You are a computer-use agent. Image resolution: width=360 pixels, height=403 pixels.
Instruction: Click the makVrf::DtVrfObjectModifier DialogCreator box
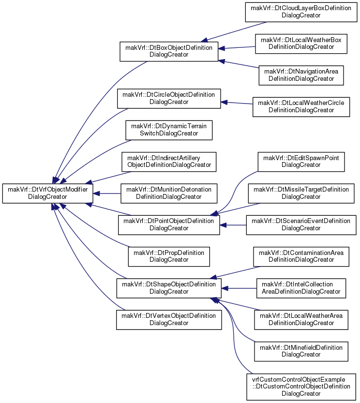47,194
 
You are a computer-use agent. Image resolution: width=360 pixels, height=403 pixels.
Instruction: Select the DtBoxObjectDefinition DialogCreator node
169,51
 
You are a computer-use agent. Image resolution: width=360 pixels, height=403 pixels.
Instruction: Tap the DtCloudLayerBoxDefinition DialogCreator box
301,12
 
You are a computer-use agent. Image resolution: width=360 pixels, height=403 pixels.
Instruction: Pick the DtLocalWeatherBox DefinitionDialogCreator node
301,44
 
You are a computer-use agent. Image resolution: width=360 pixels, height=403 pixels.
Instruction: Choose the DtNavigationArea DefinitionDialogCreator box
301,75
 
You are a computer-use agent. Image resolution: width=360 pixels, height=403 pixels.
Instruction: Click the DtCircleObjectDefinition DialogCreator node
169,99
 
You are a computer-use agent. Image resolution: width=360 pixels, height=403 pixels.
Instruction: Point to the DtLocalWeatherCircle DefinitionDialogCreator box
301,107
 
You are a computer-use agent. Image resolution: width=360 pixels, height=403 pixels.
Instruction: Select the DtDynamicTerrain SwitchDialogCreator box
169,130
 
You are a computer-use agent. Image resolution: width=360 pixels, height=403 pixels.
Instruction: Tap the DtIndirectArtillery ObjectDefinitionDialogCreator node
169,162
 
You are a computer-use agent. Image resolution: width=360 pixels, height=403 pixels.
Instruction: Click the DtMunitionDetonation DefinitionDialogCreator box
169,194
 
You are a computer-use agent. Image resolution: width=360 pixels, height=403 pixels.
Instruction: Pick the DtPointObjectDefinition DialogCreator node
169,225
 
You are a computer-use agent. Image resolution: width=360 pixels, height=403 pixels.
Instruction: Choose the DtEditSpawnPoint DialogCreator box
301,162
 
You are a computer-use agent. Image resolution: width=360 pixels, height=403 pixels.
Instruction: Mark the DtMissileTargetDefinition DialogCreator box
301,194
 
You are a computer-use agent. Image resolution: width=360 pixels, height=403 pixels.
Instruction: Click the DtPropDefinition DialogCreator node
169,256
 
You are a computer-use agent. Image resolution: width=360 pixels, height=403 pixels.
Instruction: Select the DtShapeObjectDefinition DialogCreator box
169,288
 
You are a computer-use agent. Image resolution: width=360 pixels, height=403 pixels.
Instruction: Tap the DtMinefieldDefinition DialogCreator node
301,351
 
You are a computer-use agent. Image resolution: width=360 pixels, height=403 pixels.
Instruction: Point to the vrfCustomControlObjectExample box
301,387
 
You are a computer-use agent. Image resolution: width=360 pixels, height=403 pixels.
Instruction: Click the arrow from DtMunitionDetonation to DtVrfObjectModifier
107,194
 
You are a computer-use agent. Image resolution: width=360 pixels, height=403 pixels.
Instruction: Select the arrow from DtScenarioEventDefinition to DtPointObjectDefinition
233,225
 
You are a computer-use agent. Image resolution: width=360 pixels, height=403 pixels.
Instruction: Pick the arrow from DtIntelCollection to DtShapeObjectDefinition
239,288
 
